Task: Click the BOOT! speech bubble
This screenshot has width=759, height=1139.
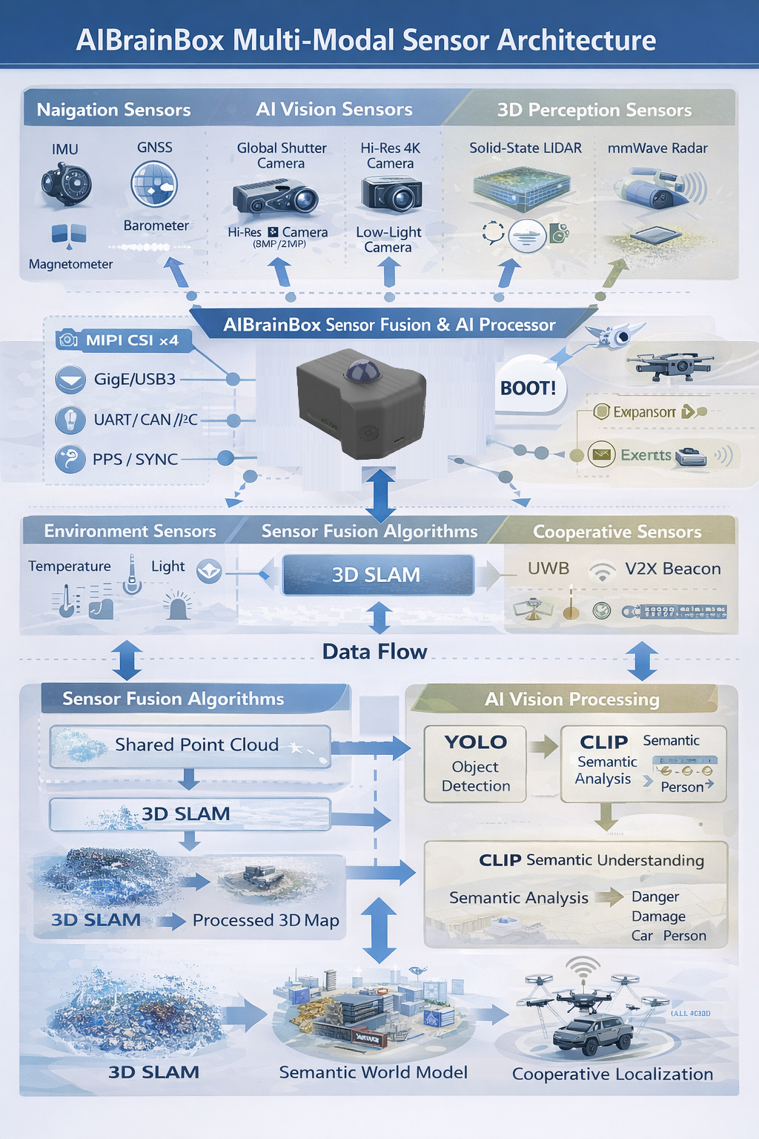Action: click(x=528, y=388)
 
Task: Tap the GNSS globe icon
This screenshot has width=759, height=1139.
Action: click(x=154, y=184)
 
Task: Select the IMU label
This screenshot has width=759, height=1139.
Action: click(x=65, y=149)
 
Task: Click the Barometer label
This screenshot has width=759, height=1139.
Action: click(x=156, y=225)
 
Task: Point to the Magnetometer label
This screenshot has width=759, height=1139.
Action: click(x=70, y=264)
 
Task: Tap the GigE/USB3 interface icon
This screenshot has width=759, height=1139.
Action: click(x=70, y=380)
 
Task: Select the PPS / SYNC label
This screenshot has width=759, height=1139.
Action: click(x=135, y=459)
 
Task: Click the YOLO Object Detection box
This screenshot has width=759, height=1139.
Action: click(x=475, y=764)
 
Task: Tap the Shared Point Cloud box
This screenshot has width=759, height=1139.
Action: click(x=190, y=745)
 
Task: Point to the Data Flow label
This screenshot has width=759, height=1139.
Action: click(x=374, y=652)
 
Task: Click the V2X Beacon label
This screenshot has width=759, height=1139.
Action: click(x=672, y=569)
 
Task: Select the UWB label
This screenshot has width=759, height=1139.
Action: click(x=548, y=568)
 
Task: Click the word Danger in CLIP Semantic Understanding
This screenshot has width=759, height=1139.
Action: click(x=655, y=897)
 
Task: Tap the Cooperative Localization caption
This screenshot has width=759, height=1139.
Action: click(x=612, y=1074)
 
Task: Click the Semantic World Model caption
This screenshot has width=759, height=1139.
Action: click(x=373, y=1072)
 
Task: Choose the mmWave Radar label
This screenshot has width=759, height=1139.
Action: click(x=657, y=148)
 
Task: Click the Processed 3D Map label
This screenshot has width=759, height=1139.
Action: click(x=265, y=920)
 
